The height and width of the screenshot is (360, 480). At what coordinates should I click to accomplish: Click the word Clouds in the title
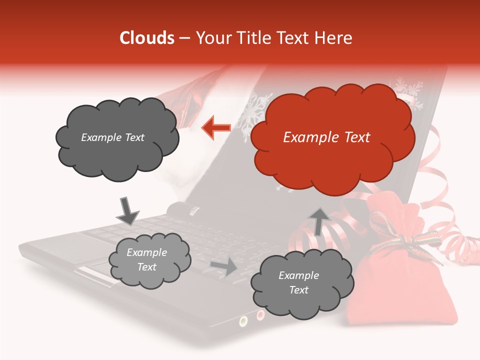pos(147,38)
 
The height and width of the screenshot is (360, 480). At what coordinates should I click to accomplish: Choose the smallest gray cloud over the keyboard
pos(149,260)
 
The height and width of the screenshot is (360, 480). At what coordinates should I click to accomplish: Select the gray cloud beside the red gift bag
pos(302,283)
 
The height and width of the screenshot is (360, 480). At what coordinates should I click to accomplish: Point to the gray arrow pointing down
pos(127,211)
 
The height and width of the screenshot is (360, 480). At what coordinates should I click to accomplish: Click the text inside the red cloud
pos(326,137)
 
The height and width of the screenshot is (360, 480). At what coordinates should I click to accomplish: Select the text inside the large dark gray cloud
pos(112,137)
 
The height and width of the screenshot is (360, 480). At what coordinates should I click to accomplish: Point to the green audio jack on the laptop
pos(243,320)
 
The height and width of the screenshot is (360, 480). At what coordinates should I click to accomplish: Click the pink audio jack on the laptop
pos(260,315)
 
